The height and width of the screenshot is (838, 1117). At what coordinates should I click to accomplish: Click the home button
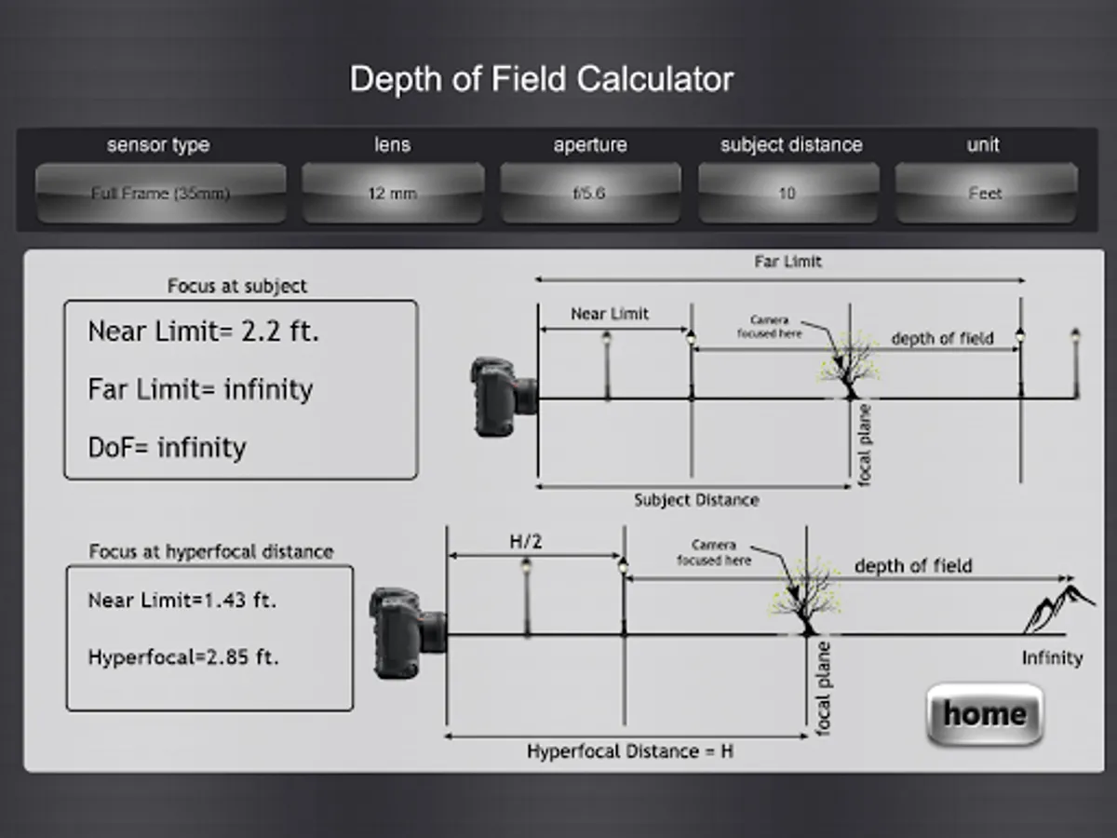click(985, 714)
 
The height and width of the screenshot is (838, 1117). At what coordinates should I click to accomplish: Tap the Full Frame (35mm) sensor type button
click(160, 194)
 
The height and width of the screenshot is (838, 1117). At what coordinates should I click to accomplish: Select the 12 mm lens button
click(392, 194)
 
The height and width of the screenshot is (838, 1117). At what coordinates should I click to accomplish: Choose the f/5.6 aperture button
click(589, 194)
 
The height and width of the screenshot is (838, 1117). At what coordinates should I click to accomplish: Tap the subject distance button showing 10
click(787, 194)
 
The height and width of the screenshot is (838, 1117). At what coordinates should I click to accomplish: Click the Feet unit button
click(985, 194)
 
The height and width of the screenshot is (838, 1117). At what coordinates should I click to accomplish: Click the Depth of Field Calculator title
click(541, 79)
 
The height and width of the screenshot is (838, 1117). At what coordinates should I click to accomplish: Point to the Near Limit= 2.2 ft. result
click(203, 331)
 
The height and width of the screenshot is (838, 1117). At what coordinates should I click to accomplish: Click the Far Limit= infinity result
click(200, 389)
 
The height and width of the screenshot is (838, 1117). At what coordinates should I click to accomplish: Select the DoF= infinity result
click(168, 448)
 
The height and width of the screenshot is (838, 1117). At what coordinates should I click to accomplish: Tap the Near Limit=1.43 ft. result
click(182, 601)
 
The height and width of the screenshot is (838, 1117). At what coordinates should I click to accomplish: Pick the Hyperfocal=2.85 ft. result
click(183, 657)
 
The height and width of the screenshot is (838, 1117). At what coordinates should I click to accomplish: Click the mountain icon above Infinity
click(1058, 611)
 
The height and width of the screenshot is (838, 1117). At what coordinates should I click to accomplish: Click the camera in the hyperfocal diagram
click(408, 632)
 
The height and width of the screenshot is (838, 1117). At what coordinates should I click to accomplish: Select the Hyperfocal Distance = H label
click(629, 750)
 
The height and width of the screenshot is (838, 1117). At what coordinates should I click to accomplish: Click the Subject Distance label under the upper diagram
click(696, 500)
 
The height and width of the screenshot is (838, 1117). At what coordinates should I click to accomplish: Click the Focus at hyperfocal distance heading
click(210, 551)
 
